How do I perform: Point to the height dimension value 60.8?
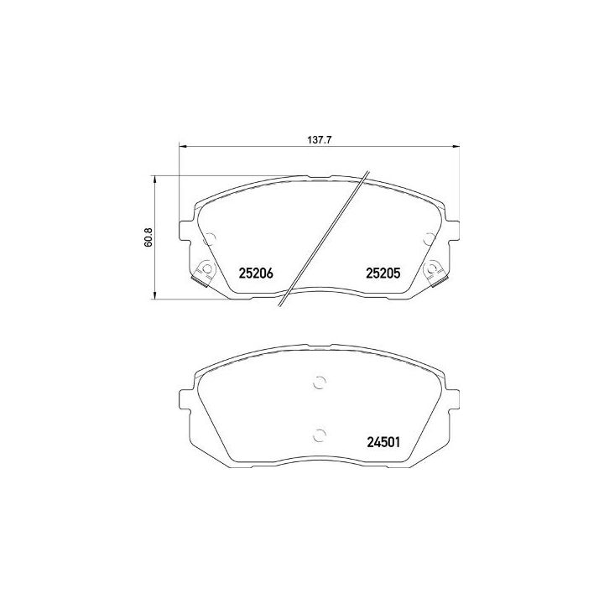pos(148,237)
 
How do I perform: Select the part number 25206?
pos(257,273)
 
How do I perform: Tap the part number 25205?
pos(383,273)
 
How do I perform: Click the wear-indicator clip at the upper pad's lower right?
pos(434,270)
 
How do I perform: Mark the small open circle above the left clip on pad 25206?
pos(211,238)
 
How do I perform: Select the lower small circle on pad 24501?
pos(319,434)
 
